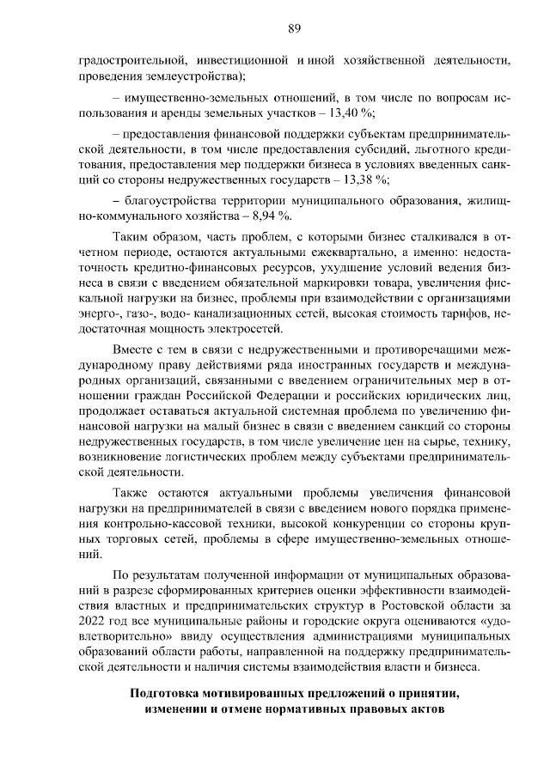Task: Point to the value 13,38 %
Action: pos(367,179)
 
